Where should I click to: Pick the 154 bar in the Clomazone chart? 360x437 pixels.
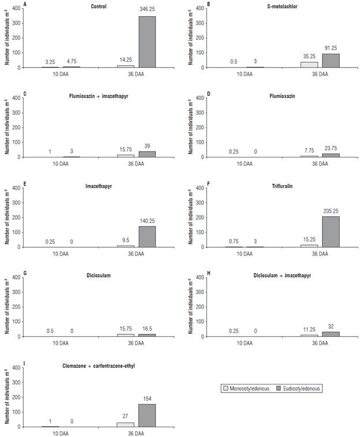pos(147,415)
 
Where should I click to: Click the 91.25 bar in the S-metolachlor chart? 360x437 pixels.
pos(331,61)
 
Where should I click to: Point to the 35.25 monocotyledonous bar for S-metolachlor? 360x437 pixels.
pos(309,65)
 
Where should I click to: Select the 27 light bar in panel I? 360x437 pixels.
pos(125,424)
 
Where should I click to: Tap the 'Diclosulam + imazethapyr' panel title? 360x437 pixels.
pos(280,276)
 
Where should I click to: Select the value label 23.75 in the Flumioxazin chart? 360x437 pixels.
pos(331,148)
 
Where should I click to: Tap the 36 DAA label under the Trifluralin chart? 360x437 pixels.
pos(319,254)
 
